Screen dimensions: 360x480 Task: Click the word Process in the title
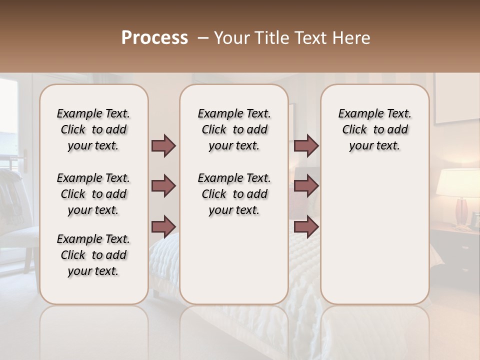[154, 38]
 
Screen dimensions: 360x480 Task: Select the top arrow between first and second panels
[163, 146]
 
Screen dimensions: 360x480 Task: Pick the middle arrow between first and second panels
[163, 186]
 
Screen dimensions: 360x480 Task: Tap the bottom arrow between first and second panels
[163, 226]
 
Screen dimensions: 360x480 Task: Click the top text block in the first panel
[93, 129]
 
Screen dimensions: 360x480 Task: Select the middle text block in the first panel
[93, 194]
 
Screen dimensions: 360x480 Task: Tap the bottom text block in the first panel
[93, 255]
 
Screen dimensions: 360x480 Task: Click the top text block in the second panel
[234, 129]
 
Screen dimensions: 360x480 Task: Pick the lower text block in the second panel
[234, 194]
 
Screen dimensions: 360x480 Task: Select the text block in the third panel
[375, 129]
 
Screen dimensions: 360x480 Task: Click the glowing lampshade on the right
[458, 182]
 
